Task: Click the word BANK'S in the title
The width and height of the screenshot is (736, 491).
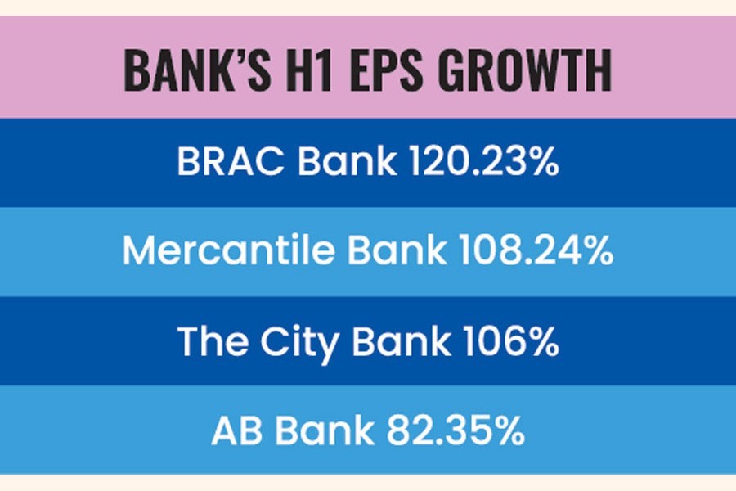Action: coord(198,70)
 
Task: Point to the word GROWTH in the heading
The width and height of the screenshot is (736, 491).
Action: coord(525,70)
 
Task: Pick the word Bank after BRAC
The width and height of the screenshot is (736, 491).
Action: coord(348,160)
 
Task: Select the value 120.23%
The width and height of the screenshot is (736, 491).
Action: coord(484,161)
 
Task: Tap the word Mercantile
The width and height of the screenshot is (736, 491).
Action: coord(229,250)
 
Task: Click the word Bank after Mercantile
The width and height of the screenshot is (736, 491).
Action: coord(397,250)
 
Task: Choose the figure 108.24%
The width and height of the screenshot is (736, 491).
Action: coord(536,250)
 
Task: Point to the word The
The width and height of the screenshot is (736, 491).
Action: coord(213,340)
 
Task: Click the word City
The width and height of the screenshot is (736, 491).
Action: coord(300,343)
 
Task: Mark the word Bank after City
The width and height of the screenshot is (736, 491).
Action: coord(402,340)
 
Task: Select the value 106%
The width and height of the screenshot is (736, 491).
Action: coord(510,340)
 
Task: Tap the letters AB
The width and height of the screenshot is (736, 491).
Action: coord(237,430)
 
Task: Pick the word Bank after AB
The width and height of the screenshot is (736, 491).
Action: coord(325,430)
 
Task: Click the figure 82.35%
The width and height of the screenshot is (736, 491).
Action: coord(456,430)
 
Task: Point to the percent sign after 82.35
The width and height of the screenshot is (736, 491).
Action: coord(506,430)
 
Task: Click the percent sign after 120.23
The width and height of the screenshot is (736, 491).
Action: coord(541,161)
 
